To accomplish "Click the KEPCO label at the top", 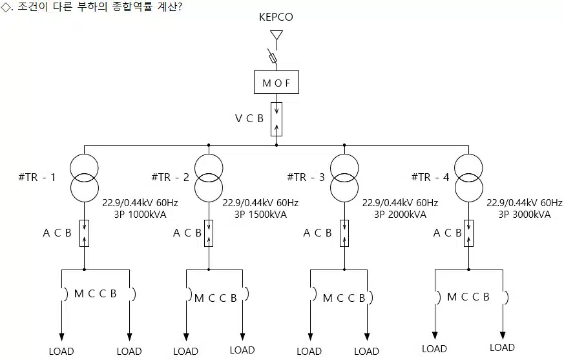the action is [x=276, y=17].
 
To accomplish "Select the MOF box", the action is [x=277, y=82].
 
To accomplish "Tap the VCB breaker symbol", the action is [x=277, y=119].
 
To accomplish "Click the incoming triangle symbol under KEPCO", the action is [x=277, y=35].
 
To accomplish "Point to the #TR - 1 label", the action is [x=37, y=177].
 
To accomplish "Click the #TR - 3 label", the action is [x=306, y=177].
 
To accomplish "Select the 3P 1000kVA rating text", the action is [x=140, y=215].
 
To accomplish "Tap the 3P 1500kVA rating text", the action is [x=260, y=215].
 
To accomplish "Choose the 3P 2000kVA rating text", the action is [x=400, y=215].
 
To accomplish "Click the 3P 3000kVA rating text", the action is [x=525, y=215].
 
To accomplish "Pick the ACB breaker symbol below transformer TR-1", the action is [x=84, y=233].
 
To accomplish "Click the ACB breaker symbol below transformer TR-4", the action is [x=468, y=233].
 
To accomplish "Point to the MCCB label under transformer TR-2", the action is [x=215, y=298].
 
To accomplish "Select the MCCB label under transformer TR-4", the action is [x=468, y=297].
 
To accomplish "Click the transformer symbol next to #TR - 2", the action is [x=209, y=178].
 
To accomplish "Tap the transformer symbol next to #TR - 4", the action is [x=468, y=178].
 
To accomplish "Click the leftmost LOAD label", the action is [x=61, y=351].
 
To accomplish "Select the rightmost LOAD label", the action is [x=502, y=348].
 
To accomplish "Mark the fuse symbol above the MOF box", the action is [x=273, y=58].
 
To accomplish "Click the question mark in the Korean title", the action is [x=180, y=7].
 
